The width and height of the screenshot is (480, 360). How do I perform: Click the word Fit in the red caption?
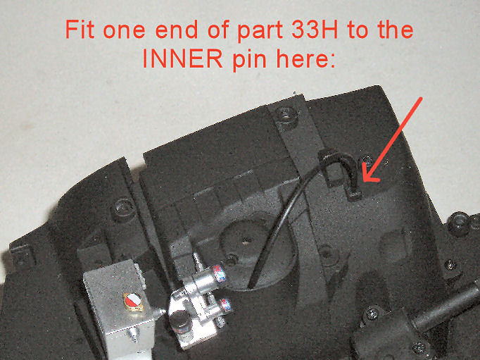pos(80,30)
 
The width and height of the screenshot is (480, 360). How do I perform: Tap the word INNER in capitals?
pos(183,58)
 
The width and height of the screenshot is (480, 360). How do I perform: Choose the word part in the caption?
pos(260,31)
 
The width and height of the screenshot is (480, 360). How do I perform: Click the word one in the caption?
pos(124,31)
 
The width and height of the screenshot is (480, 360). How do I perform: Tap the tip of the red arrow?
pos(365,181)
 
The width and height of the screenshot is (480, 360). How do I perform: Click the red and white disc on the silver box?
pos(133,302)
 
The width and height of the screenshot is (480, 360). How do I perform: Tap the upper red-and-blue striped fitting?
pos(220,273)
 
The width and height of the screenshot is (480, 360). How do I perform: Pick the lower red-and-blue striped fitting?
pos(227,306)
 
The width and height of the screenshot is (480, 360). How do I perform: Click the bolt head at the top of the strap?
pos(286,116)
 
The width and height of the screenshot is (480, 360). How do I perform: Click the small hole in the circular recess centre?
pos(246,240)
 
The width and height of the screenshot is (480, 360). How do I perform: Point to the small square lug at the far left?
pos(22,254)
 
